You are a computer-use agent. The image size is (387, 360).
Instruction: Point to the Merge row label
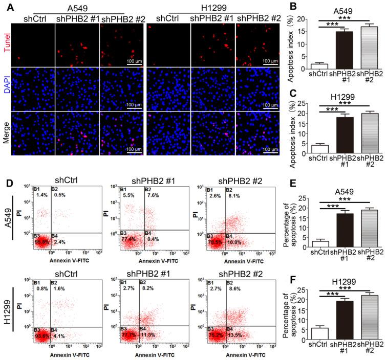pos(6,135)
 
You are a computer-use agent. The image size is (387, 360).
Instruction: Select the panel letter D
pos(5,166)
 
